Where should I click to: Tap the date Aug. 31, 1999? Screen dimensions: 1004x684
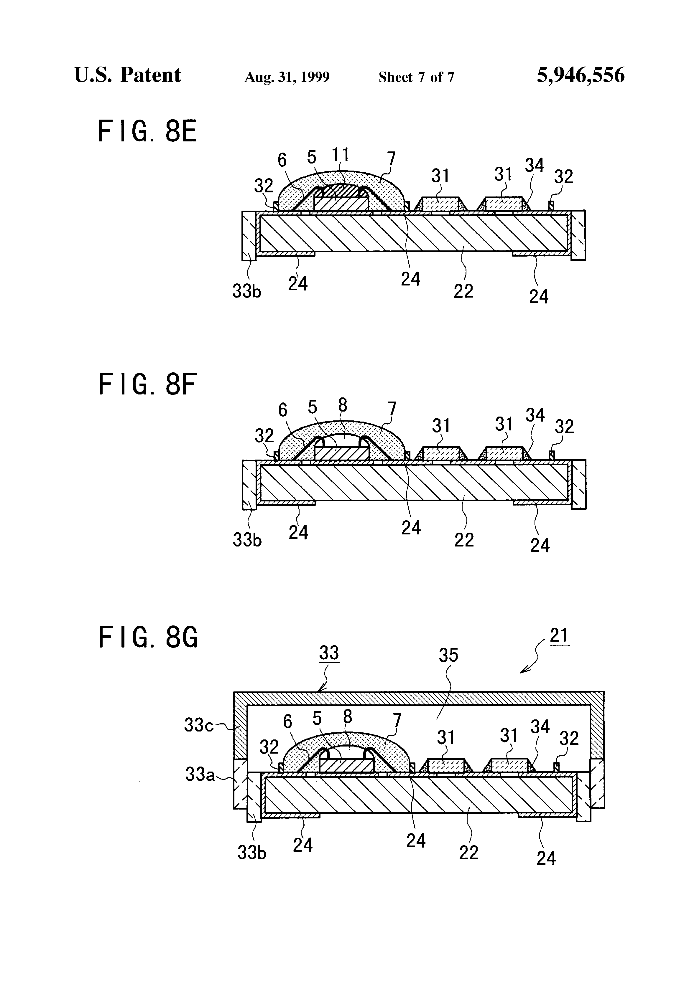click(287, 77)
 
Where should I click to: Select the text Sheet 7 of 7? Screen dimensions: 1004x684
click(416, 77)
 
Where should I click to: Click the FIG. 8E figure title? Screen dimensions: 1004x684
click(147, 131)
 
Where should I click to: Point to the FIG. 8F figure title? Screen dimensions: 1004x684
click(147, 384)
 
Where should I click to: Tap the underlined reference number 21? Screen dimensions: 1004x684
click(559, 635)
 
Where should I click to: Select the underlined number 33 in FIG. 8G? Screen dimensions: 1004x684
click(329, 652)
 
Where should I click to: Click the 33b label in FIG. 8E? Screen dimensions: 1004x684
click(247, 292)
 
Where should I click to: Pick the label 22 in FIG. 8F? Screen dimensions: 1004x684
click(464, 540)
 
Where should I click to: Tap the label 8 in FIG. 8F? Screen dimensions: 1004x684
click(342, 405)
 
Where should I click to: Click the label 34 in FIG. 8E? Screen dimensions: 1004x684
click(535, 166)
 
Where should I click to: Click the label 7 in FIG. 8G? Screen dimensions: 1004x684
click(397, 720)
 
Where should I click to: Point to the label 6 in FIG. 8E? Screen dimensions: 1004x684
click(282, 160)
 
